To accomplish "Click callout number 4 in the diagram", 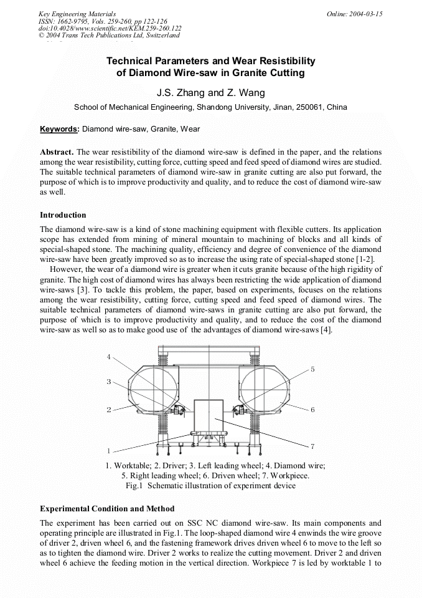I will pyautogui.click(x=108, y=357).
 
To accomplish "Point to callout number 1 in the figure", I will pyautogui.click(x=108, y=450).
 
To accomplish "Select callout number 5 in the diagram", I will pyautogui.click(x=312, y=369).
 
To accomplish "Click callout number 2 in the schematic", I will pyautogui.click(x=108, y=410).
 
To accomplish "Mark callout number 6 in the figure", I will pyautogui.click(x=312, y=410).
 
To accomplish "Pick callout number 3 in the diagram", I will pyautogui.click(x=108, y=382).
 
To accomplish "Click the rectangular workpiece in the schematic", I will pyautogui.click(x=209, y=418).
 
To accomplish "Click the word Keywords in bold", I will pyautogui.click(x=60, y=130).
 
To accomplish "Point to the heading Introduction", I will pyautogui.click(x=63, y=215).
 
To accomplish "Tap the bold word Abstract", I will pyautogui.click(x=57, y=152).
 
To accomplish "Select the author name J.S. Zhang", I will pyautogui.click(x=181, y=94).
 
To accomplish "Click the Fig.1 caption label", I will pyautogui.click(x=134, y=485).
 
